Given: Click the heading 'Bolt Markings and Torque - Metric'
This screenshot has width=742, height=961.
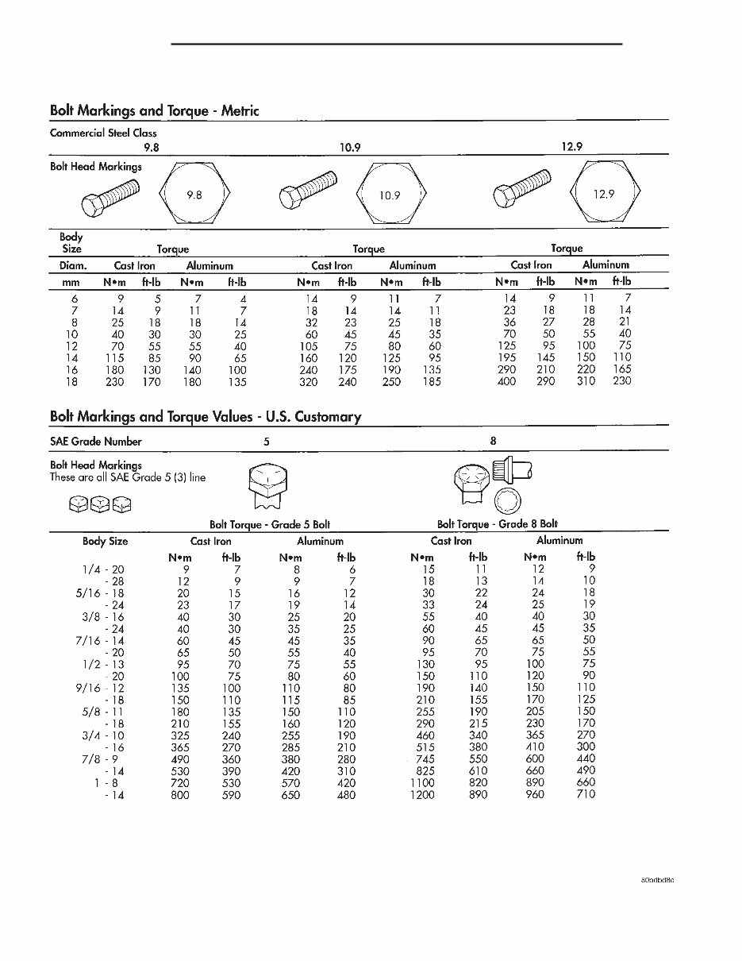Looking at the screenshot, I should (154, 110).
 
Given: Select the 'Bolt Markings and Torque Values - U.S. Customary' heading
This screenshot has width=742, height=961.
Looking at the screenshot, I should (206, 416).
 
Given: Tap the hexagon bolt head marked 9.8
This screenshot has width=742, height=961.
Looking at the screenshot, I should (194, 194).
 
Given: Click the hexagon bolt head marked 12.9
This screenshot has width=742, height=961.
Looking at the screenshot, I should (605, 194).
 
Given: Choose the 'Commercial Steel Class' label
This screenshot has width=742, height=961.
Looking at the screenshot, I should (103, 133).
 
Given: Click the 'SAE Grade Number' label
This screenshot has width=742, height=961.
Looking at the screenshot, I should (95, 442).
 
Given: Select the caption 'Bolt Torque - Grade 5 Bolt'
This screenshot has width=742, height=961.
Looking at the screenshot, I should (270, 524).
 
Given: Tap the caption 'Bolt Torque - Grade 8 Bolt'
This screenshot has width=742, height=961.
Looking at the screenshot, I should (498, 524).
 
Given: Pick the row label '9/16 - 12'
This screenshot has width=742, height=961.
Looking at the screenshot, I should (103, 688).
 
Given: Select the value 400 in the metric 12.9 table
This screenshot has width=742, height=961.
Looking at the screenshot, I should (506, 382).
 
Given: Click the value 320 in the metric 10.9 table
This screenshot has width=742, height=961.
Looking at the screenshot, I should (308, 382).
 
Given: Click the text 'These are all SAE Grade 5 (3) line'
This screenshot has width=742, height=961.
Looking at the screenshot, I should (128, 477).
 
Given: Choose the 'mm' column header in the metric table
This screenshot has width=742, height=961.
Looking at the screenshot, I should (71, 282).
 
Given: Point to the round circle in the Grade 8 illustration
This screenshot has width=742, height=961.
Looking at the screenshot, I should (507, 500).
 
